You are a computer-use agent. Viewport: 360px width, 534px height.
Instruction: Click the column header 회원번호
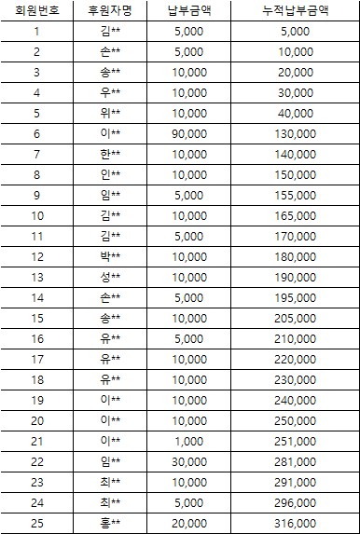point(36,10)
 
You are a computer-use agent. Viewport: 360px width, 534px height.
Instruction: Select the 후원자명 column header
point(109,10)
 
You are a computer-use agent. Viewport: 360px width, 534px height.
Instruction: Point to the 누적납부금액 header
point(295,10)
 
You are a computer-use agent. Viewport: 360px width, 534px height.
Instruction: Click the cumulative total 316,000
point(295,523)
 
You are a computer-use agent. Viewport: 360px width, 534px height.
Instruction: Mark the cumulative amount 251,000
point(295,441)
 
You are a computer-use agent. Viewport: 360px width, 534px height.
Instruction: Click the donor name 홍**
point(109,523)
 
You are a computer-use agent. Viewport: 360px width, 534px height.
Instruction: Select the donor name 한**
point(109,154)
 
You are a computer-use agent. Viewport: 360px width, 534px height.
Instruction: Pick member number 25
point(36,523)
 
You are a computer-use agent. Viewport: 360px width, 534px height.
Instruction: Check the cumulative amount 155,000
point(295,195)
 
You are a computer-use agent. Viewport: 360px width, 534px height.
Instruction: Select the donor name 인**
point(109,174)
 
